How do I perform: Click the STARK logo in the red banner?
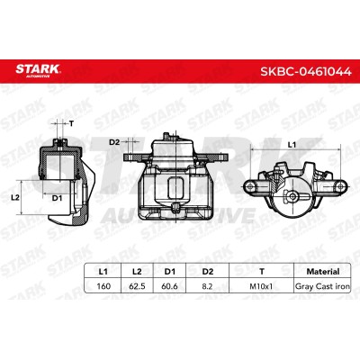[x=38, y=71]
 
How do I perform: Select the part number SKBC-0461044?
[x=306, y=71]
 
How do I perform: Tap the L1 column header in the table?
[x=103, y=272]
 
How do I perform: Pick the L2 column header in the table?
[x=137, y=272]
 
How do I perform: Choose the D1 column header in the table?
[x=170, y=272]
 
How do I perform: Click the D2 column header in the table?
[x=207, y=272]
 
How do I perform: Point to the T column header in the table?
[x=262, y=272]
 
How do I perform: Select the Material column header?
[x=323, y=272]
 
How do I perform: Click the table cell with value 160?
[x=103, y=286]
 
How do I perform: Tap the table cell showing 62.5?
[x=137, y=286]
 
